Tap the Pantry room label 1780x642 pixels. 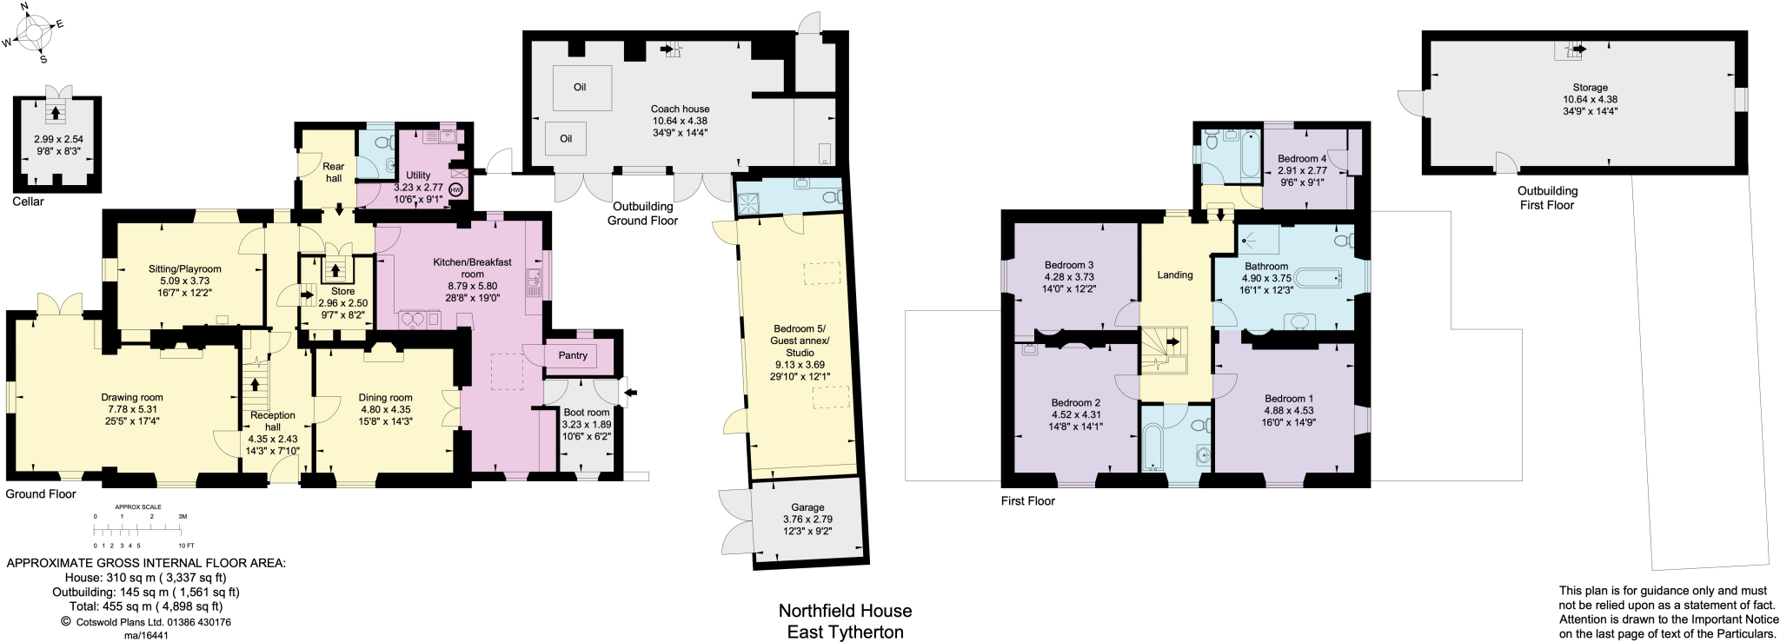[x=573, y=355]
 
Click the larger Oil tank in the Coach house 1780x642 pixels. [x=581, y=88]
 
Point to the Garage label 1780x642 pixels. [x=807, y=507]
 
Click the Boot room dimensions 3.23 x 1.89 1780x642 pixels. [x=587, y=425]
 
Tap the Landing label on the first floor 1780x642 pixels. [x=1175, y=275]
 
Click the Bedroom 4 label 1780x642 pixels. [x=1302, y=159]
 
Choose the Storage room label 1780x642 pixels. [x=1590, y=88]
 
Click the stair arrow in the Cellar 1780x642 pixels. [x=56, y=112]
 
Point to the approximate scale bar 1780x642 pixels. [x=139, y=529]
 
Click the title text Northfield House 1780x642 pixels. [x=845, y=611]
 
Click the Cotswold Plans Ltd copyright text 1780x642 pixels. [x=146, y=622]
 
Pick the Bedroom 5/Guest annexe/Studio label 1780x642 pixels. [x=800, y=341]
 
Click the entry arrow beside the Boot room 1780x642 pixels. [x=630, y=393]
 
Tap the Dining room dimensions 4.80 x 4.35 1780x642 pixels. [x=386, y=409]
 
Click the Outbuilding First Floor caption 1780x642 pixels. [x=1547, y=198]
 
